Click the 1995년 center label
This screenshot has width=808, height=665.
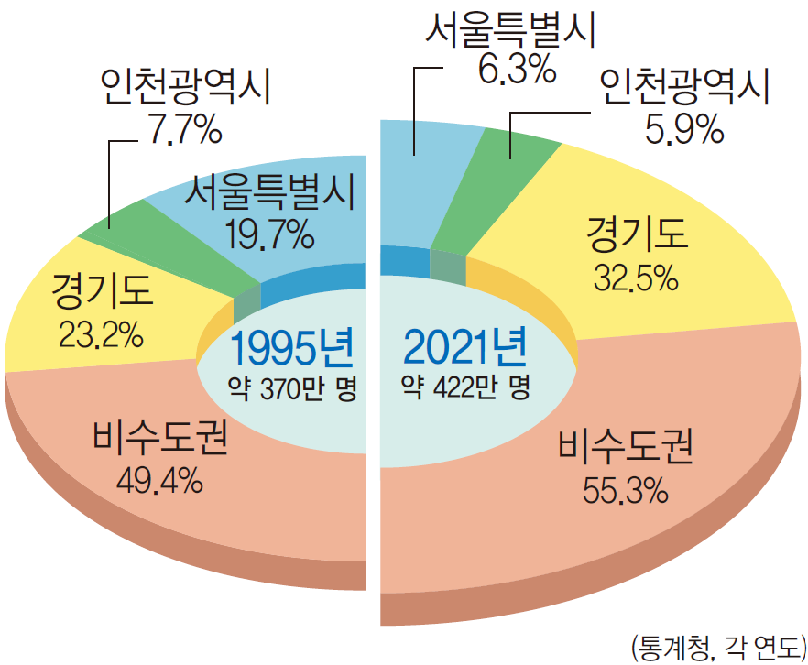click(290, 350)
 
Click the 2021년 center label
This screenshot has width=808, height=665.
click(465, 348)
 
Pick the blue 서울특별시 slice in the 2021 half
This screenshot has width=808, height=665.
click(421, 183)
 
